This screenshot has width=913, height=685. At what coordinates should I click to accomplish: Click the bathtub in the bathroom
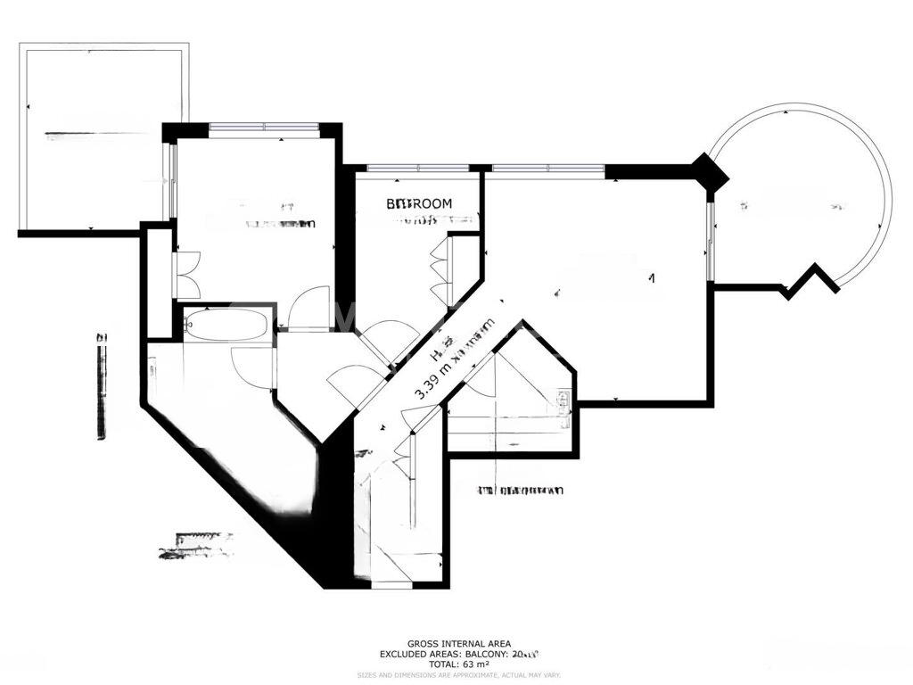[226, 325]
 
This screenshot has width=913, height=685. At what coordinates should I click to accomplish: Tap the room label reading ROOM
[419, 204]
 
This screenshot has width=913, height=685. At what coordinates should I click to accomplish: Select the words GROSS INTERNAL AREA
[459, 643]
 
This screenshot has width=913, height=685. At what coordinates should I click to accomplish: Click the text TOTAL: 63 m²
[459, 664]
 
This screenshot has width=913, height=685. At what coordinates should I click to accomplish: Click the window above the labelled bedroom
[418, 168]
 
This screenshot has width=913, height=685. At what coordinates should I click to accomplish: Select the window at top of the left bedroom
[264, 128]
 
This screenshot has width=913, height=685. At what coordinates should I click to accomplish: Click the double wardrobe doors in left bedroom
[188, 275]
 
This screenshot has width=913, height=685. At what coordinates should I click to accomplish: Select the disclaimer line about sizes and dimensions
[459, 675]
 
